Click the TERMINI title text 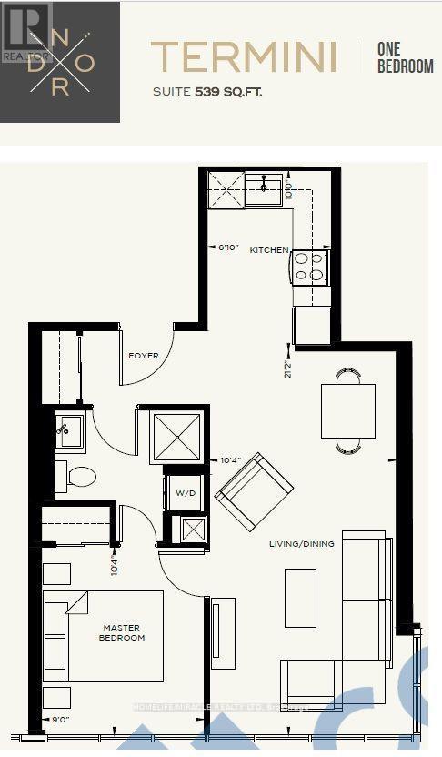pos(243,56)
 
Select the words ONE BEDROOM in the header pos(406,56)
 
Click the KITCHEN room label pos(269,250)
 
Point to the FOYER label pos(144,355)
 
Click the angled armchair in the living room pos(254,492)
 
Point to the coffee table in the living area pos(300,597)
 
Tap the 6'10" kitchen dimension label pos(227,247)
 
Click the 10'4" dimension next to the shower pos(229,459)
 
